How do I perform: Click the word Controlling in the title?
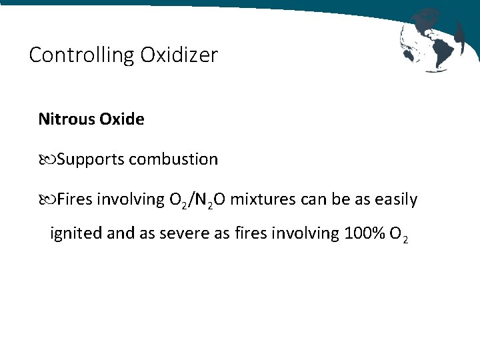click(81, 55)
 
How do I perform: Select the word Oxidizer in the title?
click(179, 55)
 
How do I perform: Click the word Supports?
click(91, 160)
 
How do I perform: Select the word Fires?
click(75, 199)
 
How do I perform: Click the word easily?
click(396, 199)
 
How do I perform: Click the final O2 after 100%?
click(399, 235)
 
